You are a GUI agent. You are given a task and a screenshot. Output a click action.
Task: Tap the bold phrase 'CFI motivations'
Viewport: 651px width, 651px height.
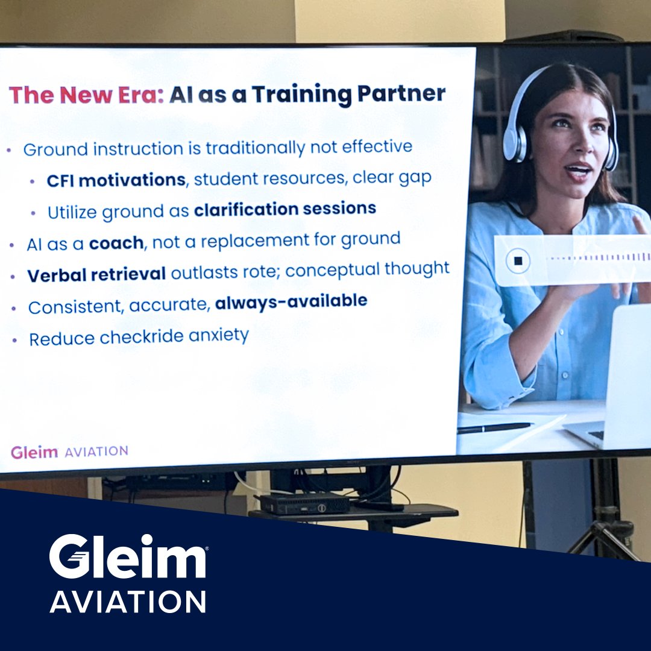[x=116, y=180]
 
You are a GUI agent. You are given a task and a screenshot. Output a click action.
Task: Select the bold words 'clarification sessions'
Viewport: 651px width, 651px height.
[x=285, y=209]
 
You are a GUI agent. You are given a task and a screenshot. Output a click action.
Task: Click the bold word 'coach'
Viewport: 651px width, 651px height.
[x=116, y=243]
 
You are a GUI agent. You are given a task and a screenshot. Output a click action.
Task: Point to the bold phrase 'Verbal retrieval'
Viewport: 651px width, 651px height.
[x=96, y=274]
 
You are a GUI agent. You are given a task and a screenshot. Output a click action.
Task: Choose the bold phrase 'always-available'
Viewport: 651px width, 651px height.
[x=291, y=301]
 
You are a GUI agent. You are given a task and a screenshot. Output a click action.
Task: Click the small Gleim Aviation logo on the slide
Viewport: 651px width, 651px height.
[x=69, y=451]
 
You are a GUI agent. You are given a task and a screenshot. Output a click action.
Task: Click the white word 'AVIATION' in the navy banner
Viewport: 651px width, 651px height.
[x=128, y=602]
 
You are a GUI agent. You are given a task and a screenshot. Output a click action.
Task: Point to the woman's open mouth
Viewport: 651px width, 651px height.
[x=579, y=171]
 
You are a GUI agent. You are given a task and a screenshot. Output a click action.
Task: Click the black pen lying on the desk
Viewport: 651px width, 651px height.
[x=494, y=427]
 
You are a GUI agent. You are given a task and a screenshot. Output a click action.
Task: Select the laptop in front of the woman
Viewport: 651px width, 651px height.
[x=615, y=386]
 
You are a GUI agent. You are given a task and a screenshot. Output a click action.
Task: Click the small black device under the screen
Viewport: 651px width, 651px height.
[x=304, y=503]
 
